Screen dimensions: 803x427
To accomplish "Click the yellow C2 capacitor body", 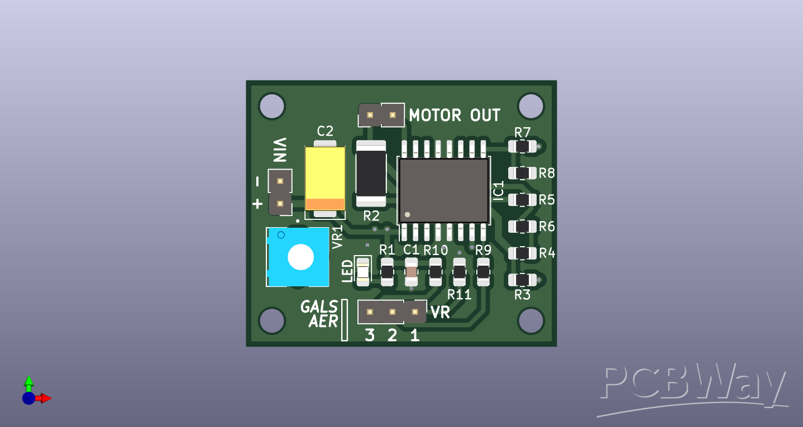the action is point(325,178).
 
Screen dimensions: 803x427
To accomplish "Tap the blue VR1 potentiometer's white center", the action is point(301,257).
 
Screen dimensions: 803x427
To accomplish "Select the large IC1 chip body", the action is point(444,190).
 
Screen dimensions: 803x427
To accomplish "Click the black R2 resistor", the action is point(371,174).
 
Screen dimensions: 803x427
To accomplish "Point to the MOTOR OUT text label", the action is point(455,116).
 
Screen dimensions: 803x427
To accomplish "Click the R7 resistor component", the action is point(522,146).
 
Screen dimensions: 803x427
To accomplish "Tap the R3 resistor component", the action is point(522,280).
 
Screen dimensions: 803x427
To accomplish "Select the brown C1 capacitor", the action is point(411,272).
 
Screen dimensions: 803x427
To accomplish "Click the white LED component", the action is point(363,272).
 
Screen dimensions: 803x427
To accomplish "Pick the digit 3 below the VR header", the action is point(370,335).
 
